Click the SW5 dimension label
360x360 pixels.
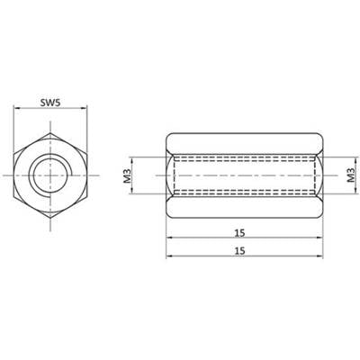click(x=50, y=103)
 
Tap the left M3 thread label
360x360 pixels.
click(x=127, y=175)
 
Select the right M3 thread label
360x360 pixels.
click(x=351, y=175)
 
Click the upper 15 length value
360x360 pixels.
click(x=240, y=233)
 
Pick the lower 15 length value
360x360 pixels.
click(x=240, y=250)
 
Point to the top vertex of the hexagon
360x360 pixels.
click(x=50, y=132)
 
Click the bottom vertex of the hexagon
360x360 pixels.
click(x=50, y=217)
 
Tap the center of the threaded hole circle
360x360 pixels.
click(x=50, y=175)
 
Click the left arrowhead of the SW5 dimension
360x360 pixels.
click(x=16, y=109)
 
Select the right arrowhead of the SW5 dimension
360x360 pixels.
click(x=85, y=109)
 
